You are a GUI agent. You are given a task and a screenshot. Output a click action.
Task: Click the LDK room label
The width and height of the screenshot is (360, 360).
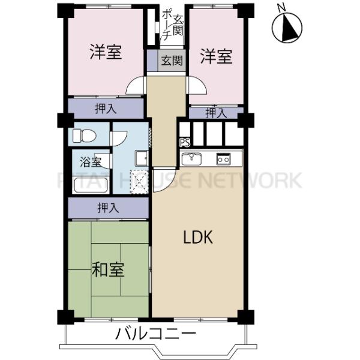(199, 237)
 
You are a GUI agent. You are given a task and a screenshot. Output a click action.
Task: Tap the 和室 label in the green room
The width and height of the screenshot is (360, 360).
(108, 270)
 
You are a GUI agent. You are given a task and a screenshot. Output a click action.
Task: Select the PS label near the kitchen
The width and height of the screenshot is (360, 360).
(184, 143)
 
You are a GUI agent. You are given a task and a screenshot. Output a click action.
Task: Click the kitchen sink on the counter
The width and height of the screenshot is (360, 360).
(192, 159)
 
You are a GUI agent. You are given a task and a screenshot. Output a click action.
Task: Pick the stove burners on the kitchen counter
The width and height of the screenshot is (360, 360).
(224, 159)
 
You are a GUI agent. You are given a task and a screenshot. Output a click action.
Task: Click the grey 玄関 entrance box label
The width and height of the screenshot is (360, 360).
(173, 60)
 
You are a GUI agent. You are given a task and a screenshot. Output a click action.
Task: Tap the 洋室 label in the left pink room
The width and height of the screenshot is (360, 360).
(106, 53)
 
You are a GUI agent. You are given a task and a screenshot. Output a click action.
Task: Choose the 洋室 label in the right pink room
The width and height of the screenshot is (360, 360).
(216, 58)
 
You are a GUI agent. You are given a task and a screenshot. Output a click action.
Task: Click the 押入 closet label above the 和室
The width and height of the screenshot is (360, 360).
(108, 208)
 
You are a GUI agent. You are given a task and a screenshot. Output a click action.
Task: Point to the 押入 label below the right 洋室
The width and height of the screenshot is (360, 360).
(216, 112)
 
